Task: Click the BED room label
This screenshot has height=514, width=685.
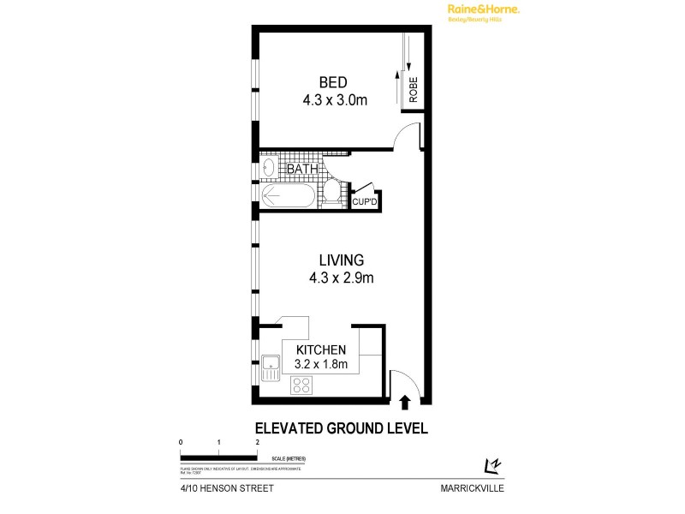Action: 333,82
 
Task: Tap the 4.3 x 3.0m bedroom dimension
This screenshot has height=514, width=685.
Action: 334,100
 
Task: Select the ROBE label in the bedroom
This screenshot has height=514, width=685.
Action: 414,90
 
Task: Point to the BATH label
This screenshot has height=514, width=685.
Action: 301,169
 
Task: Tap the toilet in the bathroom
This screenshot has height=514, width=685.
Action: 332,193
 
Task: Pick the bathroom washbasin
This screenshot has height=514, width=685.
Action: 267,166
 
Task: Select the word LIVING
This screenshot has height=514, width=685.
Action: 342,260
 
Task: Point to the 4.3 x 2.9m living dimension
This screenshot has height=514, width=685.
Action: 342,278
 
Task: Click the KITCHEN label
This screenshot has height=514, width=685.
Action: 320,350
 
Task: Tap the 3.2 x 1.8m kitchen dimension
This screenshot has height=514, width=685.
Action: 320,364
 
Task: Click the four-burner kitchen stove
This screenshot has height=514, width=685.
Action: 302,386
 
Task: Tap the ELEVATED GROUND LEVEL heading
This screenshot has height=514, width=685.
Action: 342,427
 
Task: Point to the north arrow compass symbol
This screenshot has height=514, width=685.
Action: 492,465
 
